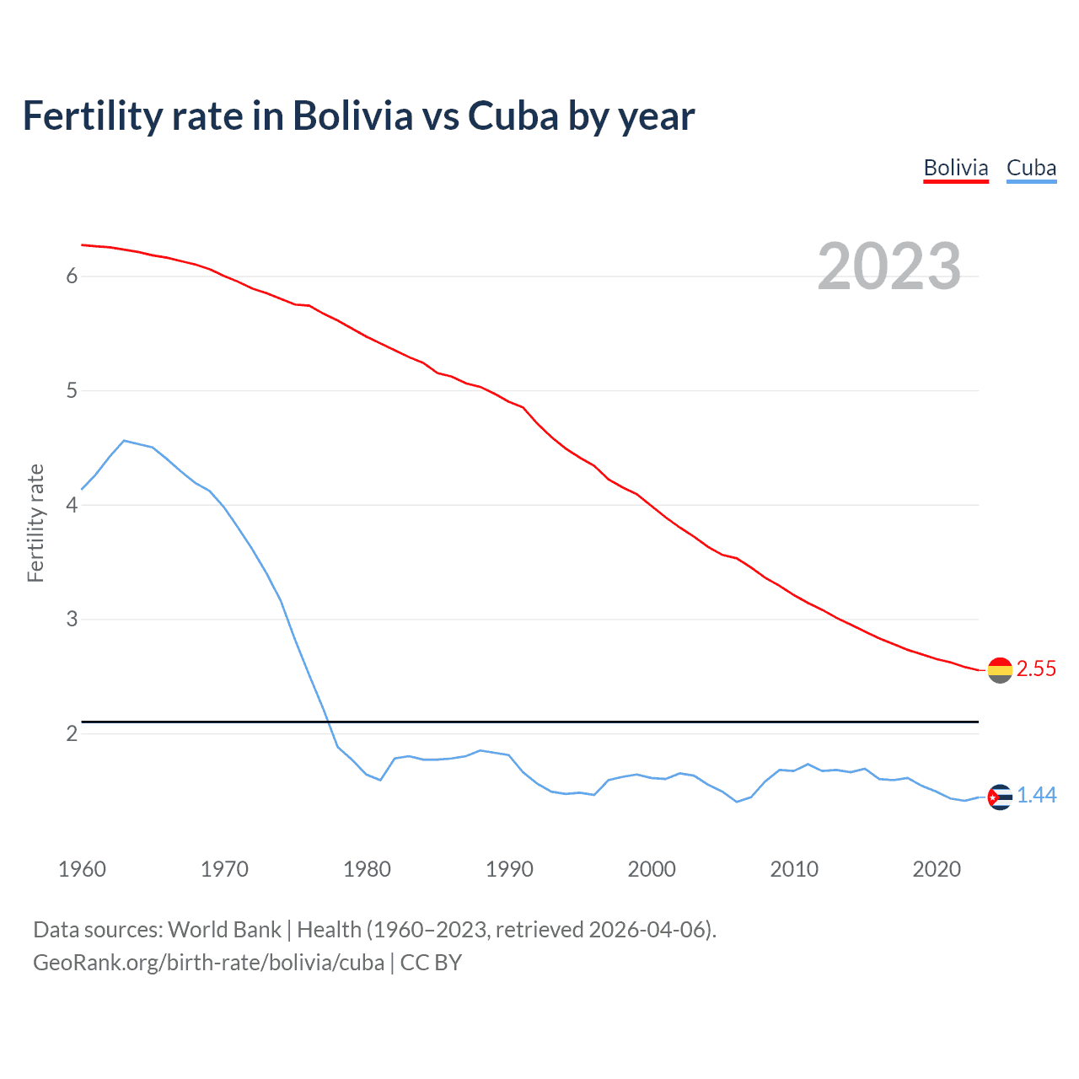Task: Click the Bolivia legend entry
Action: coord(956,168)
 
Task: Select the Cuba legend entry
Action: coord(1031,168)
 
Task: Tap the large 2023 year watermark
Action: coord(889,266)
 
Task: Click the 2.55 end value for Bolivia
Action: coord(1036,668)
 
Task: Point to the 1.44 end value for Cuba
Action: coord(1036,795)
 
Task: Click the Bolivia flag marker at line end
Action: coord(1000,670)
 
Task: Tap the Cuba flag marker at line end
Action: coord(1000,797)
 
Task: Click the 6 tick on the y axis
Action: coord(72,276)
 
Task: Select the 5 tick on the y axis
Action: coord(72,391)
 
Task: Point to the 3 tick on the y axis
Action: coord(72,620)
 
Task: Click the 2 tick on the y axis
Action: coord(72,733)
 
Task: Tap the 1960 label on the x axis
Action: coord(82,869)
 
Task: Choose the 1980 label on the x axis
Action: coord(367,869)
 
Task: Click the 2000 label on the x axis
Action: coord(652,869)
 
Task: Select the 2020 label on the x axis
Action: coord(937,869)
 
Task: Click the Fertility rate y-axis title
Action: coord(35,523)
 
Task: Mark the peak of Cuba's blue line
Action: coord(124,440)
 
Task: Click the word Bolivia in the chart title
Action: coord(352,115)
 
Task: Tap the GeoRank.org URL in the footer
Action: coord(208,962)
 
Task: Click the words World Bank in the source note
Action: coord(224,929)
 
